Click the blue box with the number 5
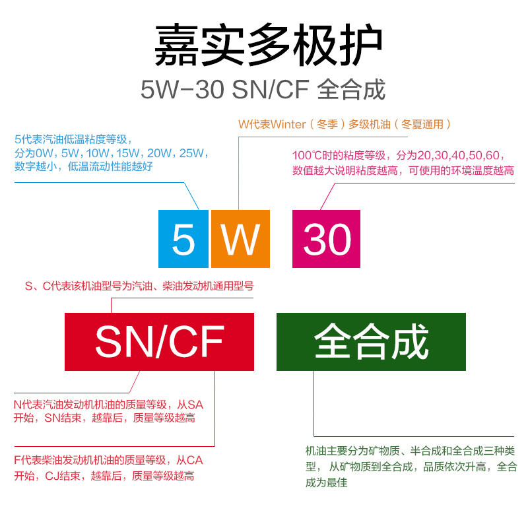pos(183,238)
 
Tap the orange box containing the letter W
pos(240,238)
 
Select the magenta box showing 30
pos(327,238)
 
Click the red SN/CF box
pos(159,341)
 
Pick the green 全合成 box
pos(371,341)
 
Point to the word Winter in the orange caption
pos(288,123)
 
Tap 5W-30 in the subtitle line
pos(183,90)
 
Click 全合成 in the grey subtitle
pos(351,90)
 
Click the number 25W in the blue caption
pos(192,153)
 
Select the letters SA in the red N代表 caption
pos(195,404)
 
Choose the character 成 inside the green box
pos(411,341)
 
